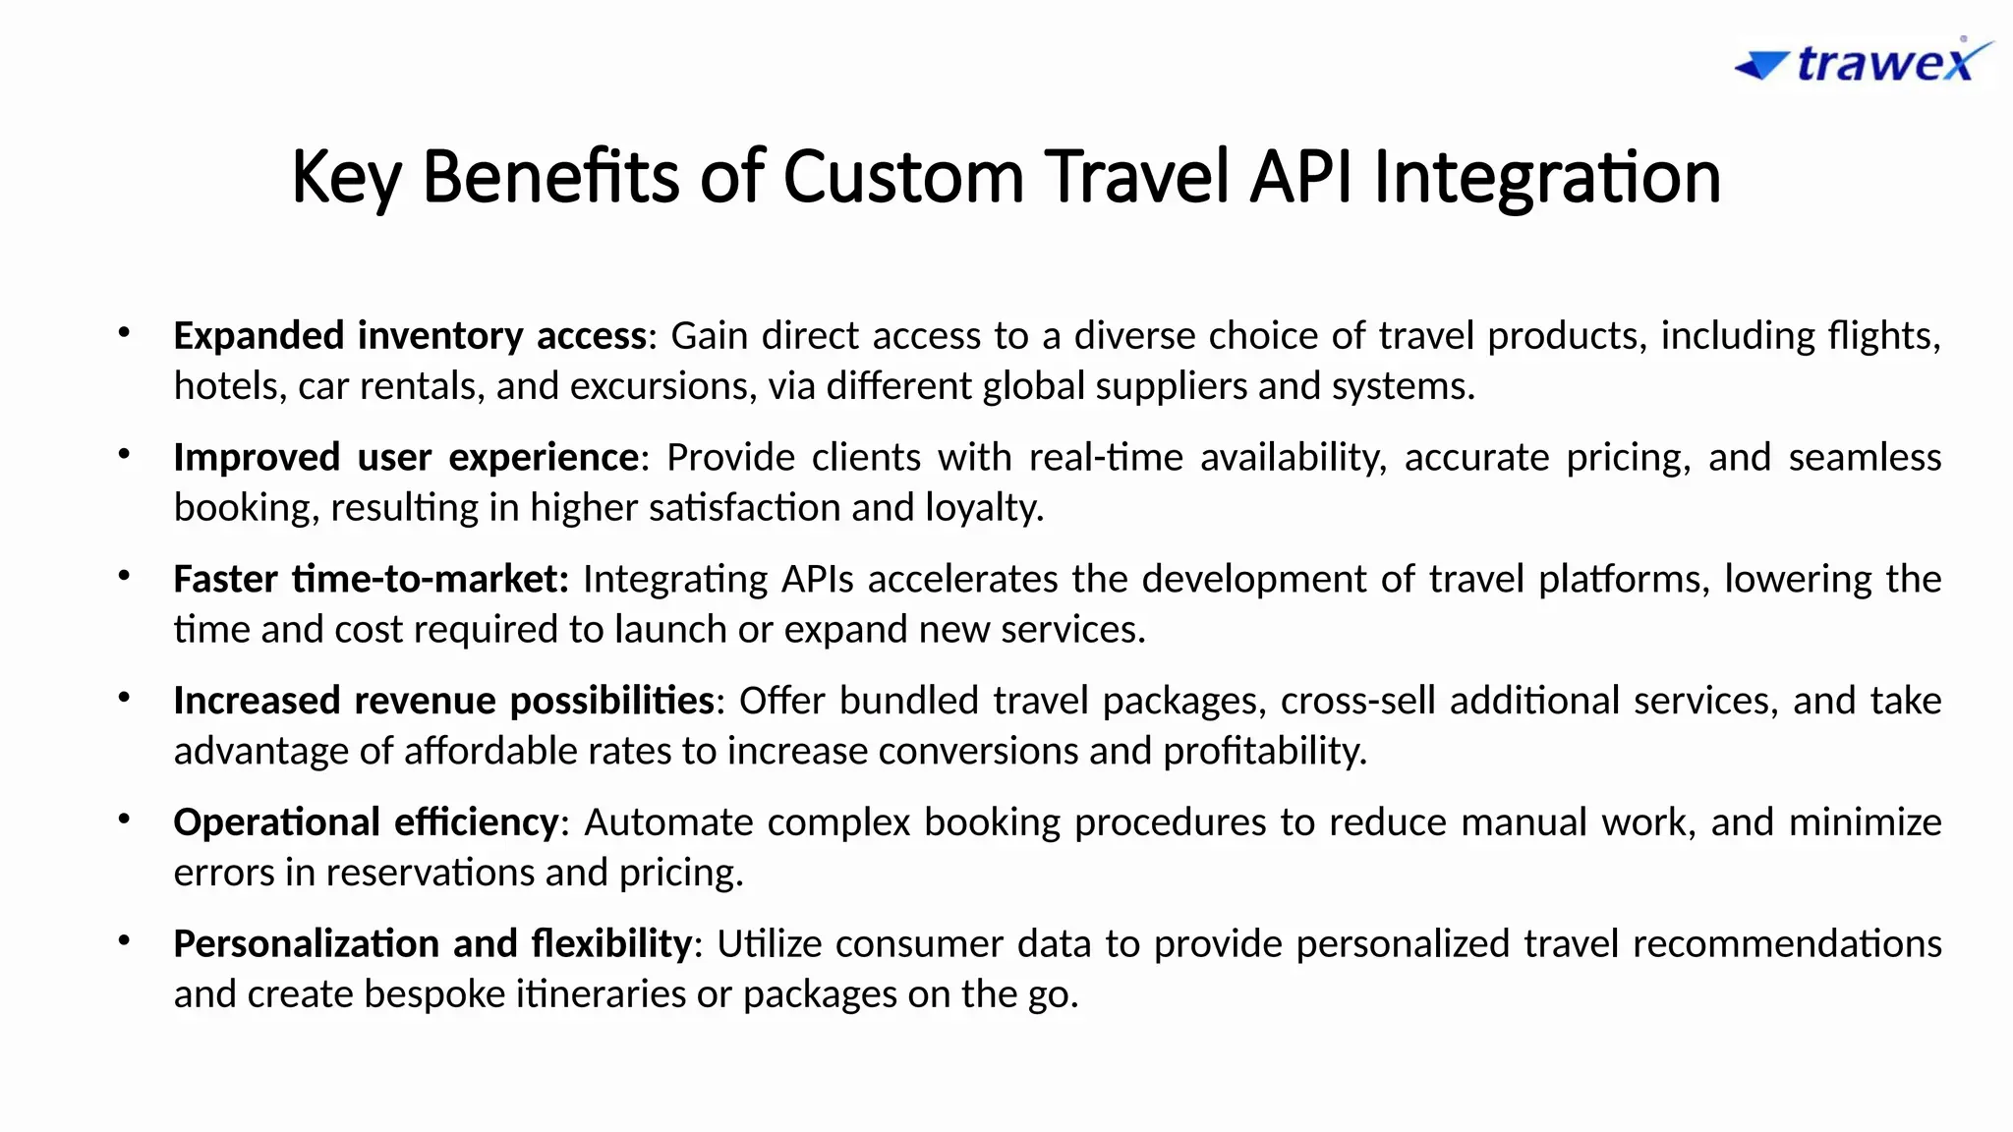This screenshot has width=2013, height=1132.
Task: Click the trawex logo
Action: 1864,63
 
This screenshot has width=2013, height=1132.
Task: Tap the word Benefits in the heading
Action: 550,177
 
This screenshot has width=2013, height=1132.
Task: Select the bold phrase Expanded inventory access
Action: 410,336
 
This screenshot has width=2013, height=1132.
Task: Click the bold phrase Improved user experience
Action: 406,458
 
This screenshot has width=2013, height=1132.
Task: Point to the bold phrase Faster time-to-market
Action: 371,580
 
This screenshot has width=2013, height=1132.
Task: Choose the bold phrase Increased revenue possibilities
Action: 443,701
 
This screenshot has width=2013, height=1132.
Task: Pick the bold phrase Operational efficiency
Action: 366,822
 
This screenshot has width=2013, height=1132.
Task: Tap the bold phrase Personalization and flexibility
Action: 432,944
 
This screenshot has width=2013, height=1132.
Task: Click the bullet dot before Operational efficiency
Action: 124,820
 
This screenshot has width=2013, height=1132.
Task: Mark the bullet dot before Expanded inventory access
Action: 124,333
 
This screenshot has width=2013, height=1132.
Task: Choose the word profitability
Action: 1265,752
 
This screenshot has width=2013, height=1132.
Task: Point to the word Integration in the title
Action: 1547,177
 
